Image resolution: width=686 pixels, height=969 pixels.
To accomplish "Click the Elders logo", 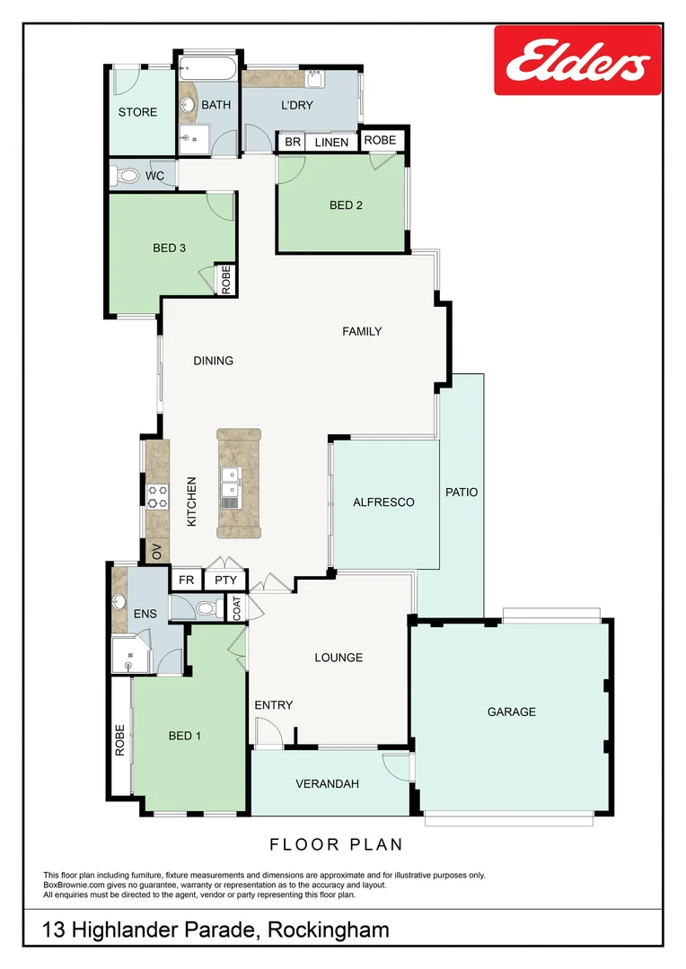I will coord(577,60).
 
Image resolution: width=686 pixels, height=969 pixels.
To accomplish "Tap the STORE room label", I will coord(137,112).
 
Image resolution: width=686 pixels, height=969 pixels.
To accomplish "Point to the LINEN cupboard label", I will coord(330,143).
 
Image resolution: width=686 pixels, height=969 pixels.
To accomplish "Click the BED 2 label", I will coord(346,205).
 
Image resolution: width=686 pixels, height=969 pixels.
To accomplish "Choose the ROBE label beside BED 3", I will coord(225,279).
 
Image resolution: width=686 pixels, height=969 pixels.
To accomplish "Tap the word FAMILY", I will coord(362,331).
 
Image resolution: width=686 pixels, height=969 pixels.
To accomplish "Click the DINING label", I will coord(213,361).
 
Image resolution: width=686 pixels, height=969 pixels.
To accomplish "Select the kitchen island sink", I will coord(231,490).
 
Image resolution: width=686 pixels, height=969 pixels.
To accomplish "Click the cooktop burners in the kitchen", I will coord(158,496).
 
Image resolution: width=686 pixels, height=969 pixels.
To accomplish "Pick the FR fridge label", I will coord(186,581).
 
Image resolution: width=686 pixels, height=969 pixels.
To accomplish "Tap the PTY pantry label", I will coord(224,581).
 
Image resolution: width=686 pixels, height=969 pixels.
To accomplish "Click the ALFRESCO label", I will coord(383,502).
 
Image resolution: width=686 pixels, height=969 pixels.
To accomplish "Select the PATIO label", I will coord(462,493).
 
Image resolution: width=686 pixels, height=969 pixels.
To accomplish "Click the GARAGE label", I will coord(511,711).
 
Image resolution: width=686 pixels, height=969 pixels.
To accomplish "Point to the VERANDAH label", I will coord(327,783).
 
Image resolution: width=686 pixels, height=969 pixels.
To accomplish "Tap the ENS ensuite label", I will coord(144,615).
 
